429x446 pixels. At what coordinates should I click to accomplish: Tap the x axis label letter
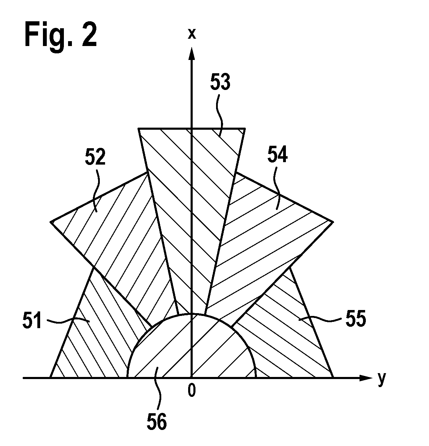click(x=192, y=34)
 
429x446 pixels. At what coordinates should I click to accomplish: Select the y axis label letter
click(x=382, y=380)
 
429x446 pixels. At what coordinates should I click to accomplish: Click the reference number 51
click(x=32, y=320)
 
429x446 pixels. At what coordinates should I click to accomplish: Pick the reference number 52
click(x=95, y=157)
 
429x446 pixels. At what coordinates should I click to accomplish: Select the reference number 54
click(x=278, y=155)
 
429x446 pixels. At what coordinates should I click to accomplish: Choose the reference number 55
click(x=356, y=318)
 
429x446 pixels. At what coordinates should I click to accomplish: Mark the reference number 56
click(x=157, y=421)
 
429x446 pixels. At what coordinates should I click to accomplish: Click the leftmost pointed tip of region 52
click(x=51, y=222)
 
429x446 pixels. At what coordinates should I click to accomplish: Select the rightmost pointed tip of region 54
click(x=333, y=222)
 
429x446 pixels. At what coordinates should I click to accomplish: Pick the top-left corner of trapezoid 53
click(x=138, y=129)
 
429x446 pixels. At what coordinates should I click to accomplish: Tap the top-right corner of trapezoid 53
click(x=245, y=129)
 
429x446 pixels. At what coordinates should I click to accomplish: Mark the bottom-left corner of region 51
click(x=50, y=377)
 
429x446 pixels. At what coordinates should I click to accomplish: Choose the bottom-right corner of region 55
click(x=333, y=377)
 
